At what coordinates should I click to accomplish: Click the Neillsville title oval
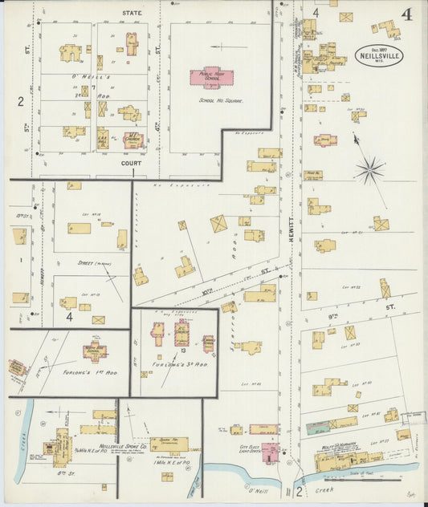tap(379, 55)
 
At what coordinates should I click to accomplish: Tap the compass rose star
tap(370, 168)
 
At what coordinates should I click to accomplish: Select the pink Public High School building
tap(211, 77)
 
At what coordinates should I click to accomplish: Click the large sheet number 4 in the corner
tap(408, 14)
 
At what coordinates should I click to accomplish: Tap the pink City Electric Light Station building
tap(271, 451)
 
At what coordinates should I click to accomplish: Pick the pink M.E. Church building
tap(132, 140)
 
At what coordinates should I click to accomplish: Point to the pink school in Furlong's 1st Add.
tap(94, 351)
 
